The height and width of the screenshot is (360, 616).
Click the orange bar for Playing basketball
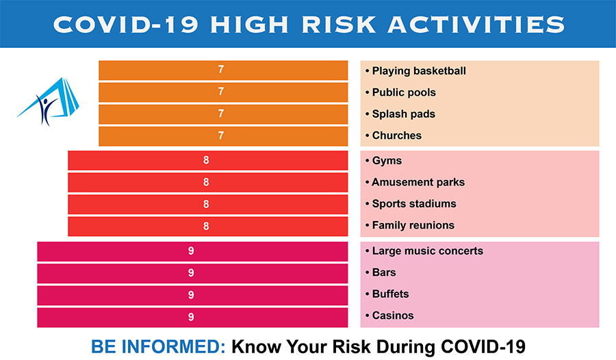223,70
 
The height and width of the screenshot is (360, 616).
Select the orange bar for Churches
223,136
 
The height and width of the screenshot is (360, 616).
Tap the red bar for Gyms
208,160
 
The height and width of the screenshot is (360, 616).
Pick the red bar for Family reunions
208,227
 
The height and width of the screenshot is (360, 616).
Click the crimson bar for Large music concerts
192,251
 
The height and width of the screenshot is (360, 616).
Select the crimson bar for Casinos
192,317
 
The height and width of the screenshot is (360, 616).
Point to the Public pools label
400,92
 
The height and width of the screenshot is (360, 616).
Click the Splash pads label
400,114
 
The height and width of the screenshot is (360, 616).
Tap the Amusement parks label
415,182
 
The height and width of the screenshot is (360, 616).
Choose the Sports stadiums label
411,203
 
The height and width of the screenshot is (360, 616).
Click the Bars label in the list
381,272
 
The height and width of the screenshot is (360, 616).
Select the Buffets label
387,294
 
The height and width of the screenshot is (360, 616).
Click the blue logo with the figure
49,101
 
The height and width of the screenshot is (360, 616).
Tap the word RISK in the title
339,25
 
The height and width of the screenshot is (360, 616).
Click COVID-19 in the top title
126,25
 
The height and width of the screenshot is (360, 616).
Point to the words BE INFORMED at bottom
158,346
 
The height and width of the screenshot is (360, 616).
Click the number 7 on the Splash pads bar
221,114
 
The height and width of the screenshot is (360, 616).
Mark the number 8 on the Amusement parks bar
206,182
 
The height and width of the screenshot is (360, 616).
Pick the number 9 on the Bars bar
191,273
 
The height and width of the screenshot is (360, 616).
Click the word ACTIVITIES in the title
476,25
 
